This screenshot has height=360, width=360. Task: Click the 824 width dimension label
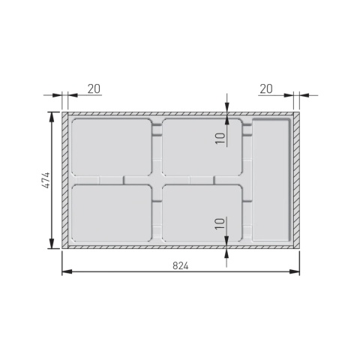(x=180, y=265)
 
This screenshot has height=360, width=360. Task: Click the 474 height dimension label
(x=45, y=180)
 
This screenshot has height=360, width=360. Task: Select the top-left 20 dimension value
(x=94, y=88)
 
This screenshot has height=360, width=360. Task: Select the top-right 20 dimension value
(x=266, y=88)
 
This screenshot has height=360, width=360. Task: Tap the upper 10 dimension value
(x=219, y=138)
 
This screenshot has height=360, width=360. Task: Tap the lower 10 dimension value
(x=219, y=223)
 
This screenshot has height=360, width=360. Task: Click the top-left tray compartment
(x=112, y=147)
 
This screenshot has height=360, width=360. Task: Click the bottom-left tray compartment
(x=112, y=214)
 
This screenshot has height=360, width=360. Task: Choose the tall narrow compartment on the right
(x=271, y=180)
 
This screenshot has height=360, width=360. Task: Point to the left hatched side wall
(x=65, y=180)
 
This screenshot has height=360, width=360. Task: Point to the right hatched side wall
(x=296, y=180)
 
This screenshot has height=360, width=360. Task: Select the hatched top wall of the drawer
(x=180, y=114)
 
